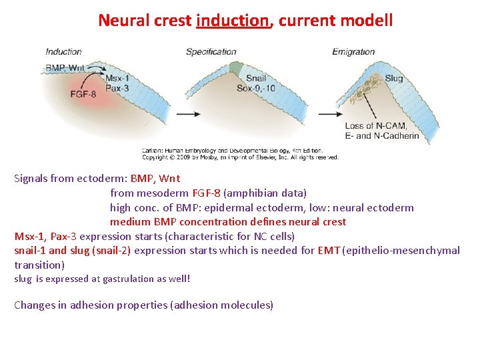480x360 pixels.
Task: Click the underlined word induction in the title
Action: pyautogui.click(x=233, y=21)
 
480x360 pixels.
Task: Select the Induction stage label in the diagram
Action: pyautogui.click(x=63, y=51)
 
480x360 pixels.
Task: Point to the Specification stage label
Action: pyautogui.click(x=211, y=51)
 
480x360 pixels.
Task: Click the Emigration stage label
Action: pyautogui.click(x=353, y=51)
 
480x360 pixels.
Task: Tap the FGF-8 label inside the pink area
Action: pyautogui.click(x=83, y=95)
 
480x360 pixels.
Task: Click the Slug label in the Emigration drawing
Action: pyautogui.click(x=394, y=79)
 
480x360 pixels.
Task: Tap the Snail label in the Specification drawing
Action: pyautogui.click(x=256, y=78)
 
